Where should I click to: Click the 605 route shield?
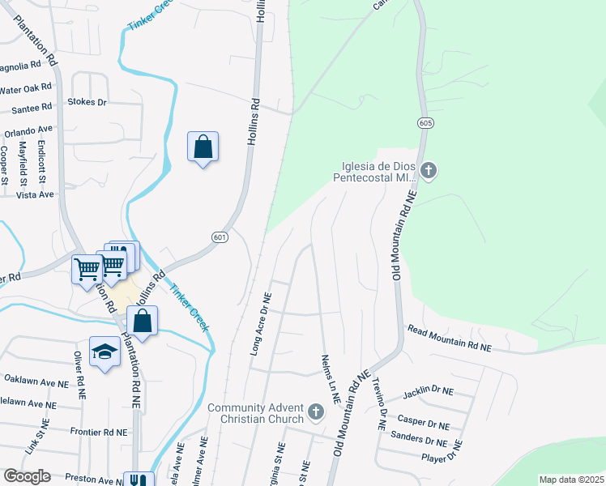(425, 122)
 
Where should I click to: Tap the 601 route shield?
(219, 237)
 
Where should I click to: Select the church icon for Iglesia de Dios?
(429, 171)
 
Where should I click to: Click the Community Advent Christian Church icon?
(316, 415)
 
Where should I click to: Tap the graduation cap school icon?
(105, 352)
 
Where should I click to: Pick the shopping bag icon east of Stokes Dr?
(203, 147)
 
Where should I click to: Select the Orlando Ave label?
(28, 130)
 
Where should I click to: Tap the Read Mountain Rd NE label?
(449, 339)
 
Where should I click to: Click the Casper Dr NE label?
(423, 423)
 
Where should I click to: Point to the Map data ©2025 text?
(570, 480)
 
